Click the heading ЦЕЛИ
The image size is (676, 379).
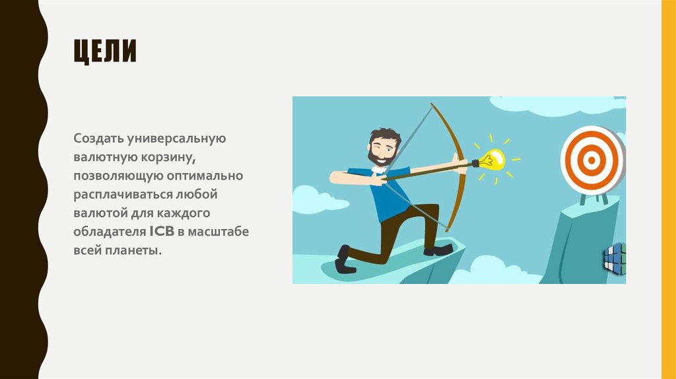105,52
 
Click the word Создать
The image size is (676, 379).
96,139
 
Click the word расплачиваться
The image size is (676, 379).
123,196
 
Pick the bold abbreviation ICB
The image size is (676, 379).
162,233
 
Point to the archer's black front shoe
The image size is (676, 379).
438,250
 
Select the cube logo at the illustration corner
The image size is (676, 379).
614,258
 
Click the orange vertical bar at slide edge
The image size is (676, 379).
669,189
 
